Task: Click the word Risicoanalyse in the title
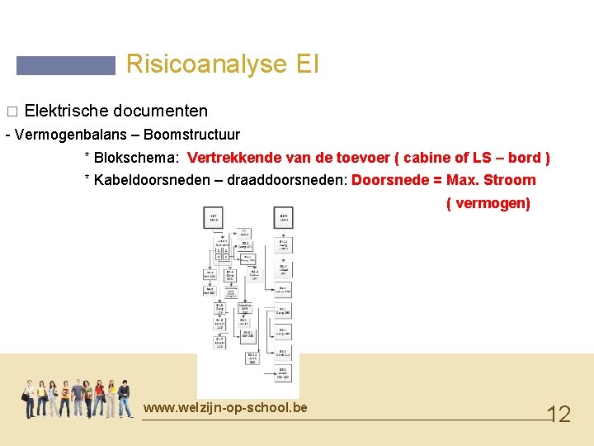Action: tap(203, 64)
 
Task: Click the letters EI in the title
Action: tap(304, 64)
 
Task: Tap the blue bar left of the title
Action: tap(66, 65)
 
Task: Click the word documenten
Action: tap(160, 111)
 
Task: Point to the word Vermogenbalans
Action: tap(70, 134)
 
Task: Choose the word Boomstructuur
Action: tap(197, 134)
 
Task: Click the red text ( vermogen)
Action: tap(488, 203)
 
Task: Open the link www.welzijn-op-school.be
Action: tap(224, 407)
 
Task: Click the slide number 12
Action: tap(559, 414)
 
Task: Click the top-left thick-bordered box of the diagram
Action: tap(213, 217)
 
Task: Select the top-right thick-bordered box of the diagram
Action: tap(283, 217)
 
